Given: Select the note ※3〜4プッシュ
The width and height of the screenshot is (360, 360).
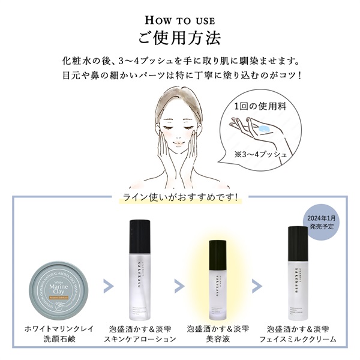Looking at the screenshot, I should tap(261, 155).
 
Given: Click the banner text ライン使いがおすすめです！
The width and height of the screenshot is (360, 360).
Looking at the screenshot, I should tap(180, 196).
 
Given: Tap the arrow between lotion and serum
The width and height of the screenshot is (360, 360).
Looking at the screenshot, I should tap(179, 285).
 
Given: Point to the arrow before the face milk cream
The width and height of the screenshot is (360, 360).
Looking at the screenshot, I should tap(257, 285).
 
